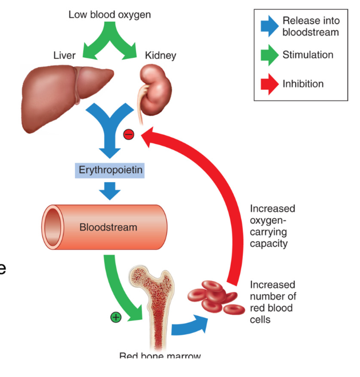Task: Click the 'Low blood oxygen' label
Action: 110,14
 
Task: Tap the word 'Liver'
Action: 64,55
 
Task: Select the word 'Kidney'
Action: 161,55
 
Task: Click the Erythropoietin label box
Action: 109,170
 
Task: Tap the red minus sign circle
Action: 129,134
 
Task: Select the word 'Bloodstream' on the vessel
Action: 108,227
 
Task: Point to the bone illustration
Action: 152,308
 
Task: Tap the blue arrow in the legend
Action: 268,26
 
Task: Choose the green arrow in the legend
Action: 268,56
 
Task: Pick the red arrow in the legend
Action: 268,84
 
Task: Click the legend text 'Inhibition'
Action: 303,84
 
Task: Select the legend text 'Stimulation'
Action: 307,55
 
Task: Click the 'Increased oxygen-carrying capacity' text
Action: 273,226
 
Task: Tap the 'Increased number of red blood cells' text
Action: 273,302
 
